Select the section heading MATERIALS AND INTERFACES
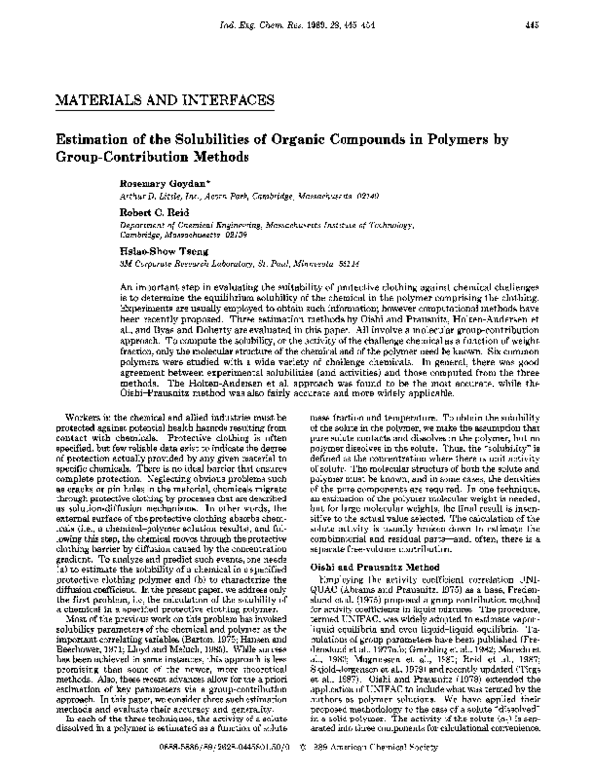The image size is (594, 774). pyautogui.click(x=147, y=103)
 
